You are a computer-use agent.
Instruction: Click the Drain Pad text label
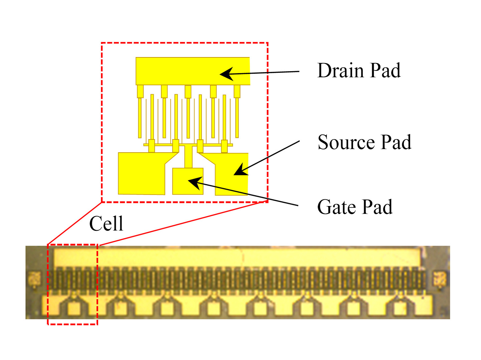point(359,70)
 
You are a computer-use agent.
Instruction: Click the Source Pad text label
point(364,142)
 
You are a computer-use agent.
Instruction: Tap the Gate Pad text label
point(355,207)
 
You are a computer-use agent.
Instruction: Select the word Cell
point(106,223)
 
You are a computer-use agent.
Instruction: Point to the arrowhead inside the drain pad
point(226,74)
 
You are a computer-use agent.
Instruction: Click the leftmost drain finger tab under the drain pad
point(140,91)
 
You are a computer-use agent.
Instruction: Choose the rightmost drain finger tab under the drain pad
point(237,91)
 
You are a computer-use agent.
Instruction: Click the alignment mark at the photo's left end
point(34,279)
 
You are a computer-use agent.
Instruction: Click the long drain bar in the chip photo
point(237,257)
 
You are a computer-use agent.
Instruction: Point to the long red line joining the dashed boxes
point(184,223)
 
